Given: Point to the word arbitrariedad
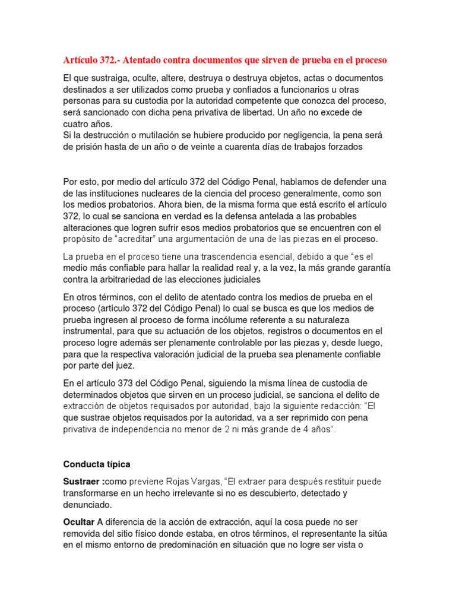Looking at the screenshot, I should coord(136,280).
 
